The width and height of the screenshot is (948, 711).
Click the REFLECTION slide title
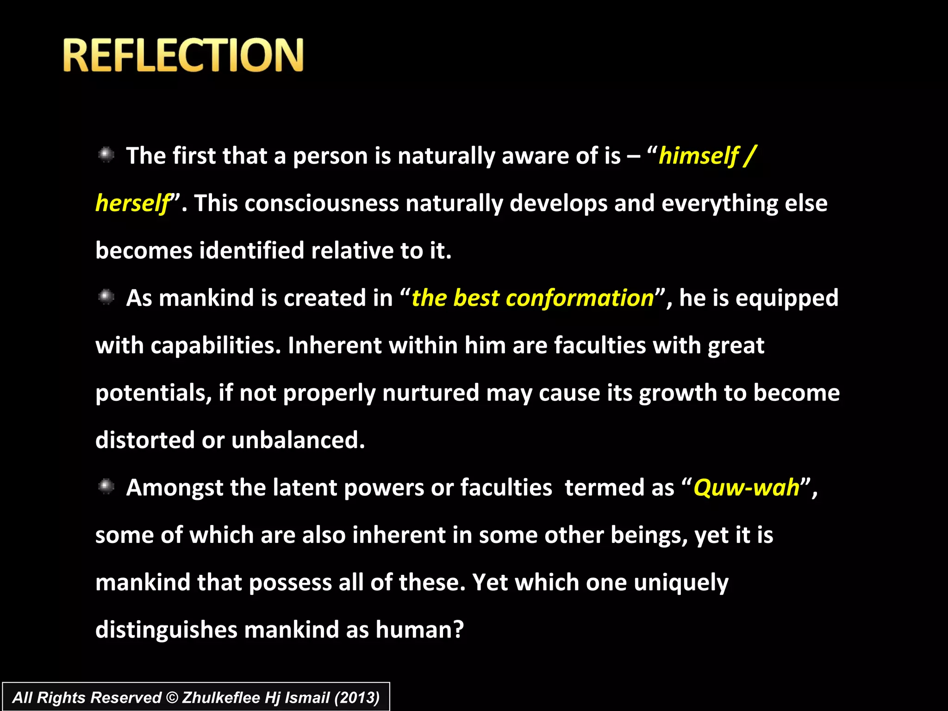[183, 55]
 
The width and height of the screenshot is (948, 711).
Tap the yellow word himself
[698, 156]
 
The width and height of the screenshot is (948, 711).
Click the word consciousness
[321, 203]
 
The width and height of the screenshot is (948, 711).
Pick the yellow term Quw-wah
[746, 487]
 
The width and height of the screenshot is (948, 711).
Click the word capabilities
[216, 345]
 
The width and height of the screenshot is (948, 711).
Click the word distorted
[145, 440]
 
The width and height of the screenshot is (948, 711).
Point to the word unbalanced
[298, 440]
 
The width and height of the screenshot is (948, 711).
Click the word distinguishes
[166, 630]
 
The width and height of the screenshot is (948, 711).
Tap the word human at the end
[419, 630]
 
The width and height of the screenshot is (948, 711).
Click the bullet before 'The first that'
[106, 155]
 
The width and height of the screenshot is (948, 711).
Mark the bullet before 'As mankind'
[106, 297]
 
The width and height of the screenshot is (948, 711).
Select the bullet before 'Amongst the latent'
[106, 486]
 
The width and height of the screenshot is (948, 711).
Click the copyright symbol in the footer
[172, 698]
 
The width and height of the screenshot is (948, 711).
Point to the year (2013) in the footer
[357, 698]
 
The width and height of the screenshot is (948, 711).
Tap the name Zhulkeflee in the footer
[221, 698]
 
